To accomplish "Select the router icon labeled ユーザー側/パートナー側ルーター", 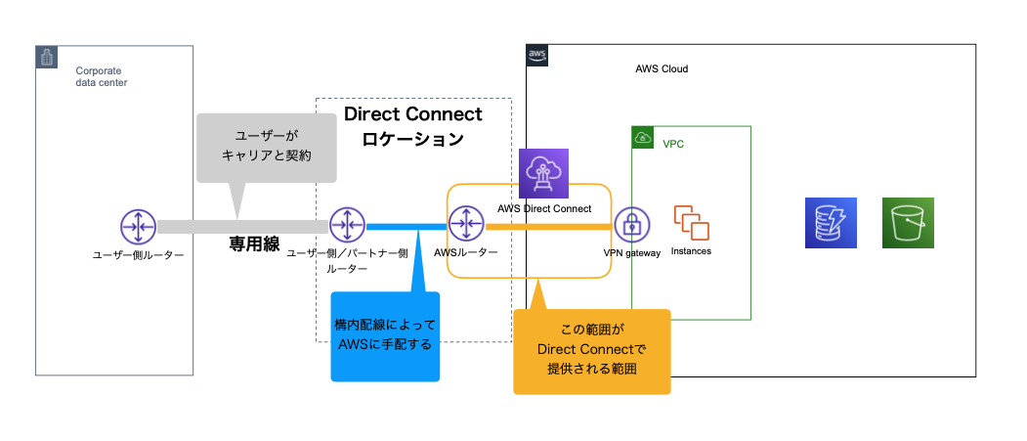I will [346, 226].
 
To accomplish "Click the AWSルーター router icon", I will [466, 226].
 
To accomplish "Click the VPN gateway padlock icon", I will [632, 226].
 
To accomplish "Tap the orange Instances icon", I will [691, 223].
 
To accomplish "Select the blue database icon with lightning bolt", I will [831, 223].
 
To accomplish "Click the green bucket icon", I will [908, 223].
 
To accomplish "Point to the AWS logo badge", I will [537, 55].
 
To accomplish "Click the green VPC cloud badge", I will [643, 138].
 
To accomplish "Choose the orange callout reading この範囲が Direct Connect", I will [592, 350].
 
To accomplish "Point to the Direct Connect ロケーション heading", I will [412, 126].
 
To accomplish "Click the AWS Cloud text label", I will [662, 69].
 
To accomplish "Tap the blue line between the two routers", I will [406, 226].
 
